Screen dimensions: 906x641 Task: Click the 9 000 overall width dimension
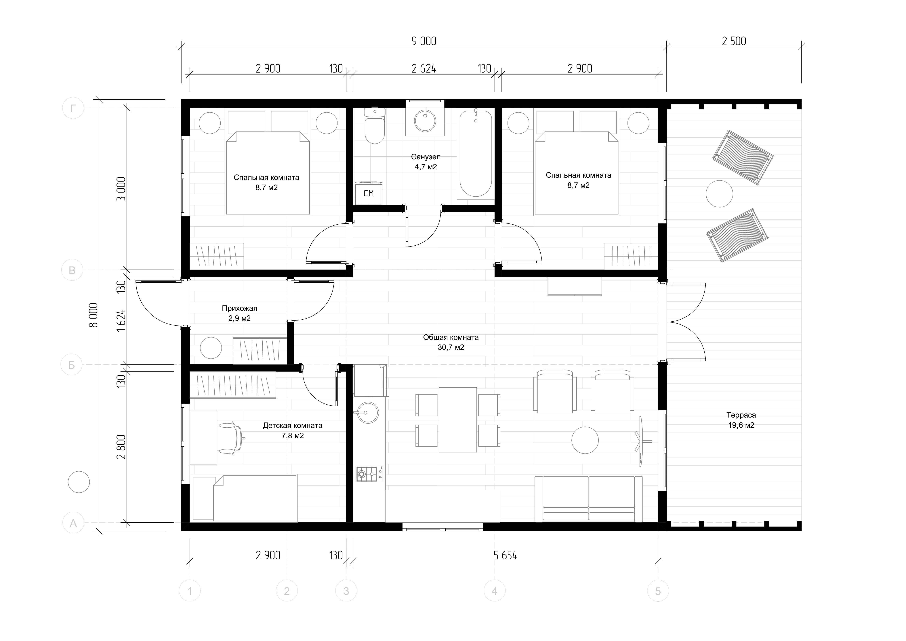point(424,41)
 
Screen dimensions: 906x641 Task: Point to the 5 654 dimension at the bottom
point(505,556)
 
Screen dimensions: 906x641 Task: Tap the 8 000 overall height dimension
point(94,315)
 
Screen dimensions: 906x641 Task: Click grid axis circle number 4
point(494,591)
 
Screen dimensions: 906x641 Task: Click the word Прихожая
point(240,308)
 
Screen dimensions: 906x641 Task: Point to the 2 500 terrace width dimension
point(734,41)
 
